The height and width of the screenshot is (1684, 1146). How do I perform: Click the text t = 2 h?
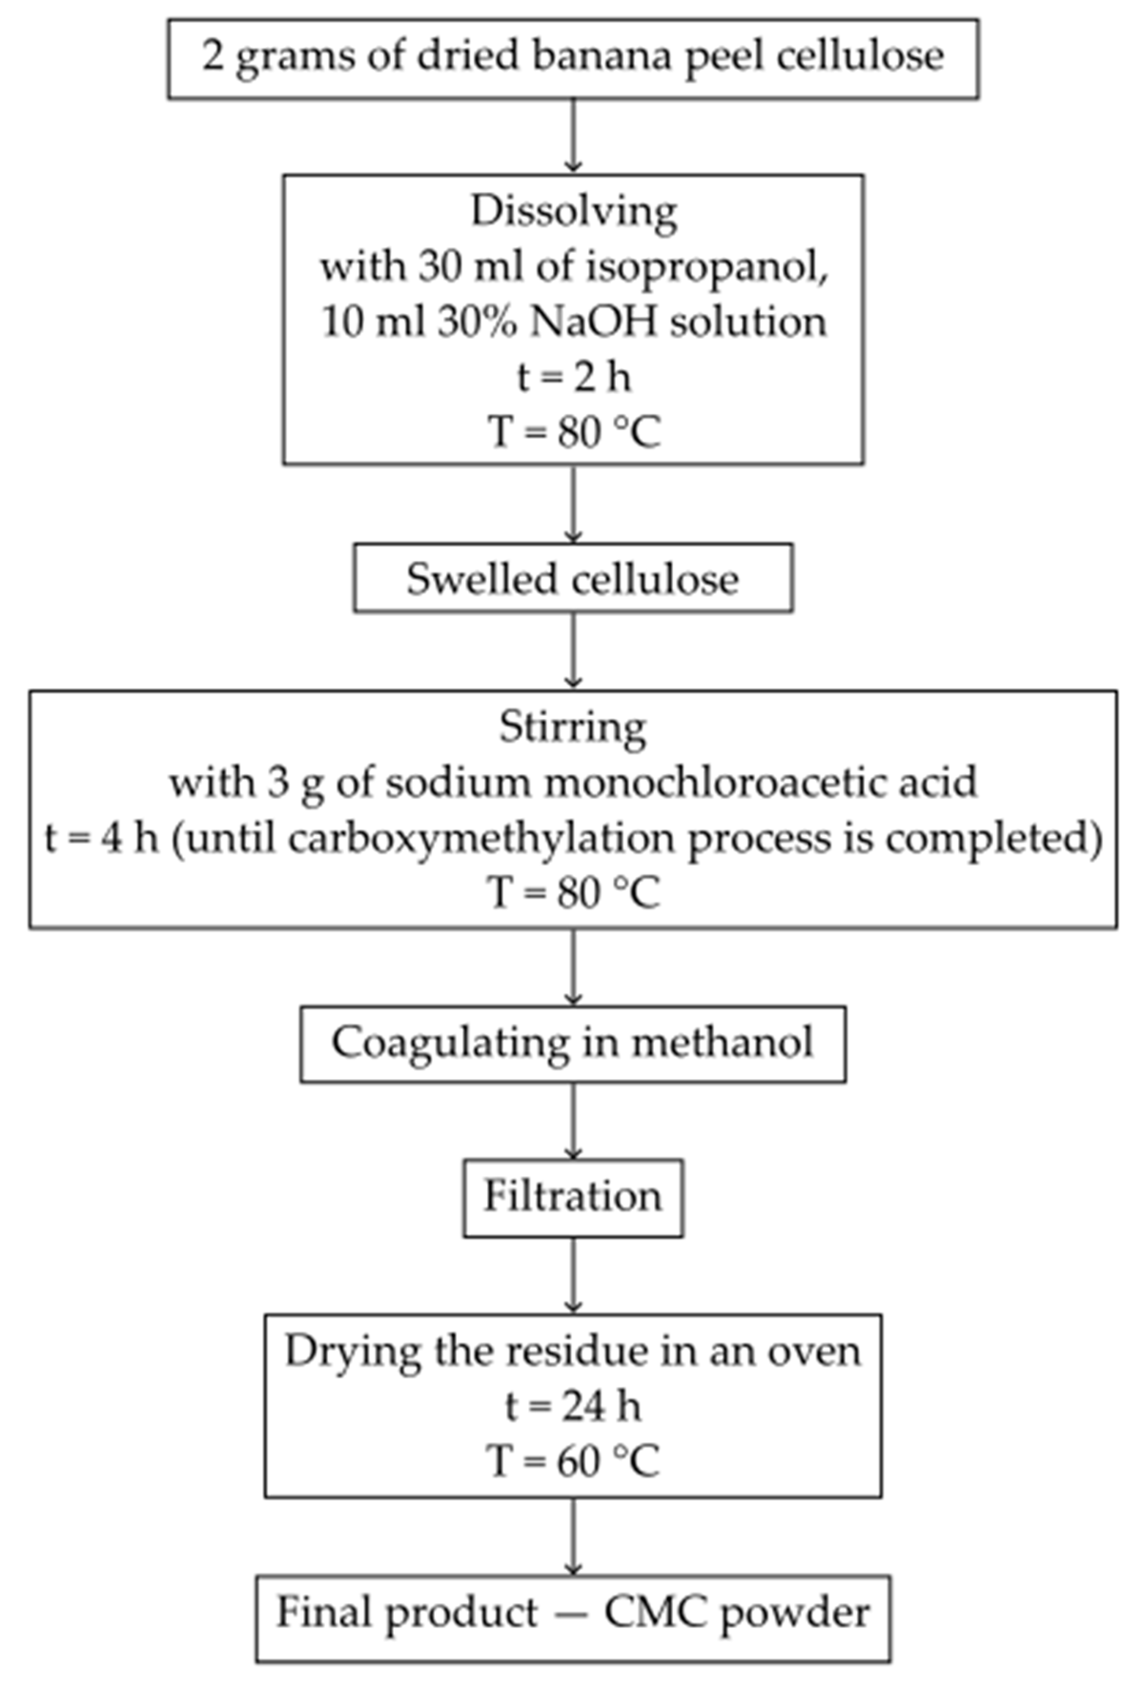click(573, 377)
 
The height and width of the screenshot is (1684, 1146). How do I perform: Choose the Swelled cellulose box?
click(573, 579)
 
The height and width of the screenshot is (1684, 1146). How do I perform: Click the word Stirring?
click(573, 727)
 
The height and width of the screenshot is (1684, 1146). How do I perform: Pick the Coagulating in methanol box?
click(573, 1043)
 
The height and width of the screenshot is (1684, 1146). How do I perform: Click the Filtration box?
click(573, 1196)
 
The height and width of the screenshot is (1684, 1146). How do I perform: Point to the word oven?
click(815, 1351)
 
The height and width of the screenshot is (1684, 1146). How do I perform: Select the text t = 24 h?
click(573, 1406)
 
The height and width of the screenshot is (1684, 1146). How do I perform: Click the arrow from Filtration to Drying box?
click(573, 1275)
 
